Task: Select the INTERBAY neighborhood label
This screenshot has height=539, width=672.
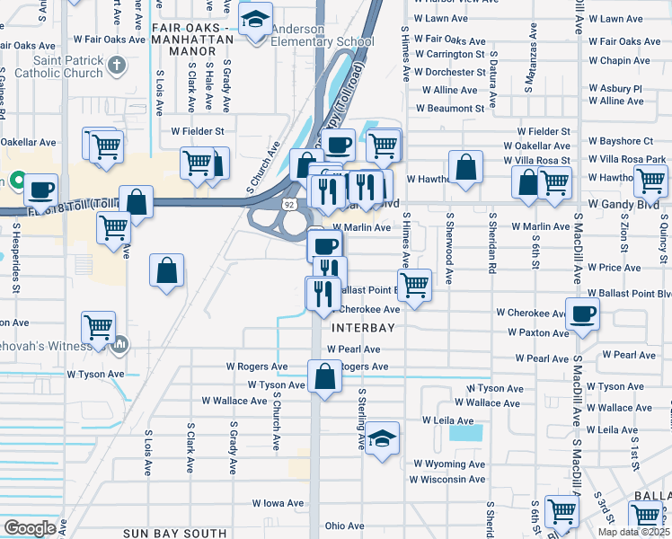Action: (x=363, y=329)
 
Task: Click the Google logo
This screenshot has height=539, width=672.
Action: (x=30, y=528)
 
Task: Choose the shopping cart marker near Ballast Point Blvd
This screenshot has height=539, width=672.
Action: (x=414, y=286)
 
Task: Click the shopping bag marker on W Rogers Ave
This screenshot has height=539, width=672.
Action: (x=324, y=376)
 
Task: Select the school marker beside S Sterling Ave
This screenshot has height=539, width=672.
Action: (x=383, y=438)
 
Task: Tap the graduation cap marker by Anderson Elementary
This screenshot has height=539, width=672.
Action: (x=256, y=20)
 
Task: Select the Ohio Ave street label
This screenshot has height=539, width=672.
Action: (x=344, y=526)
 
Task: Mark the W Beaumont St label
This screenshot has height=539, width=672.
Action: (x=450, y=109)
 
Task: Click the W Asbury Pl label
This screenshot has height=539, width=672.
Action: (x=615, y=89)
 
